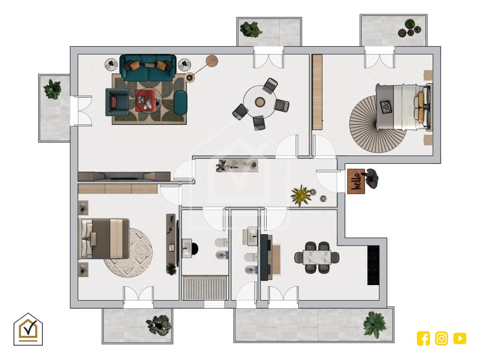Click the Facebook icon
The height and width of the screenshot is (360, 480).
pyautogui.click(x=423, y=338)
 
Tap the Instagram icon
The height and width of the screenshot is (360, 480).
pyautogui.click(x=441, y=338)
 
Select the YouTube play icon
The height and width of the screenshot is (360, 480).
pyautogui.click(x=460, y=338)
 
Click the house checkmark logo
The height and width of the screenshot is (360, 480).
pyautogui.click(x=28, y=329)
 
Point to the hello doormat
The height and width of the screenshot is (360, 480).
pyautogui.click(x=356, y=181)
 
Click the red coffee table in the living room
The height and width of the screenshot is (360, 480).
pyautogui.click(x=148, y=100)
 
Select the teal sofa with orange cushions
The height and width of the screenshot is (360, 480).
pyautogui.click(x=148, y=68)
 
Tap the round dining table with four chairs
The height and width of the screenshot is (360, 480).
pyautogui.click(x=260, y=102)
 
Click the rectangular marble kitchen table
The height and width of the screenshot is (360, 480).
pyautogui.click(x=317, y=257)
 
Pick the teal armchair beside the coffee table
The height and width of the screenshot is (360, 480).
pyautogui.click(x=117, y=102)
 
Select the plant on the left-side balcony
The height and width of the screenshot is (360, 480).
pyautogui.click(x=53, y=89)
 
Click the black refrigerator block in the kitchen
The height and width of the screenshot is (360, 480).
pyautogui.click(x=373, y=265)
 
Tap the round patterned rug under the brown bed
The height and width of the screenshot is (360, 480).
pyautogui.click(x=128, y=252)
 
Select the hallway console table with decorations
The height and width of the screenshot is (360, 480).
pyautogui.click(x=238, y=166)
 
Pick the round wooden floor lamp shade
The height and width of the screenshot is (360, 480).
pyautogui.click(x=211, y=61)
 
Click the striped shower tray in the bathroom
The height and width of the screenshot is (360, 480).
pyautogui.click(x=205, y=288)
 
